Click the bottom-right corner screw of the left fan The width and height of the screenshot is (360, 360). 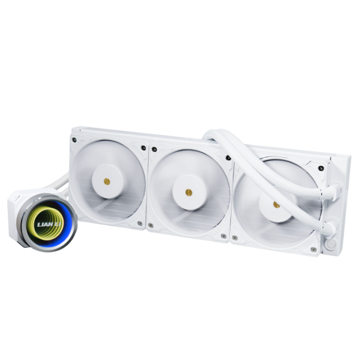[x=140, y=225]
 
